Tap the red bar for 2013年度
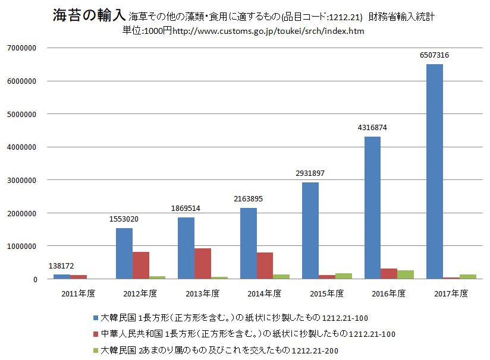pos(202,264)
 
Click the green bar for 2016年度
pos(405,274)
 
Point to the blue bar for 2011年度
pos(62,277)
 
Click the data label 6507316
pos(434,55)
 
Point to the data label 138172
pos(62,266)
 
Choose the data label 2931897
pos(310,173)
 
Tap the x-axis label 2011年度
pos(78,293)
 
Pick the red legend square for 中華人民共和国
pos(96,334)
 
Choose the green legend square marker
pos(96,350)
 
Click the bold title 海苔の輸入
pos(89,15)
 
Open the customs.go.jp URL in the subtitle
pos(268,31)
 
